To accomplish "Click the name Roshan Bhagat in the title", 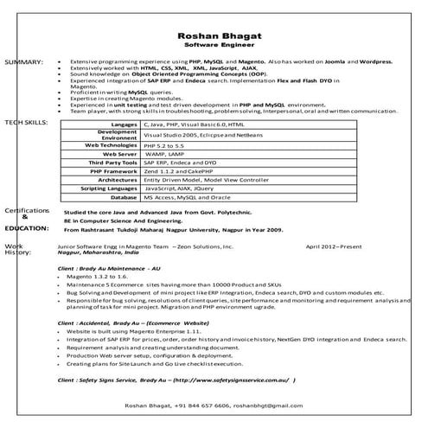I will (x=213, y=35).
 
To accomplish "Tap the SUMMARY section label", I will (x=23, y=62).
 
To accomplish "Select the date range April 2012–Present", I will (x=333, y=246).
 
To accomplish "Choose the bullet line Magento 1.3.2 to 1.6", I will (x=101, y=277).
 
